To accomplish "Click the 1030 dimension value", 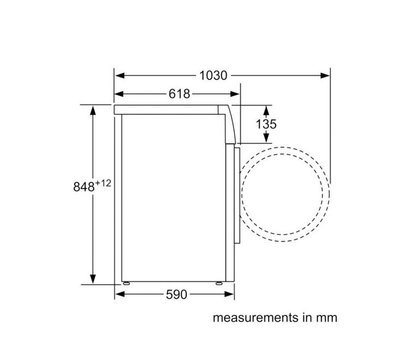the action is tap(213, 75).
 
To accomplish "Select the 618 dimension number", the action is tap(179, 94).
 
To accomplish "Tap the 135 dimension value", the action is tap(266, 124).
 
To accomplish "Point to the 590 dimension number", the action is tap(176, 295).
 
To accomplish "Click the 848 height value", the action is tap(84, 187).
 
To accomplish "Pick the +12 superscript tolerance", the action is tap(103, 183).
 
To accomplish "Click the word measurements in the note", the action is tap(256, 317).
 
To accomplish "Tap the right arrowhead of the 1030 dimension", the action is tap(325, 75).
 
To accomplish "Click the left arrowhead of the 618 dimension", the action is tap(119, 94).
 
